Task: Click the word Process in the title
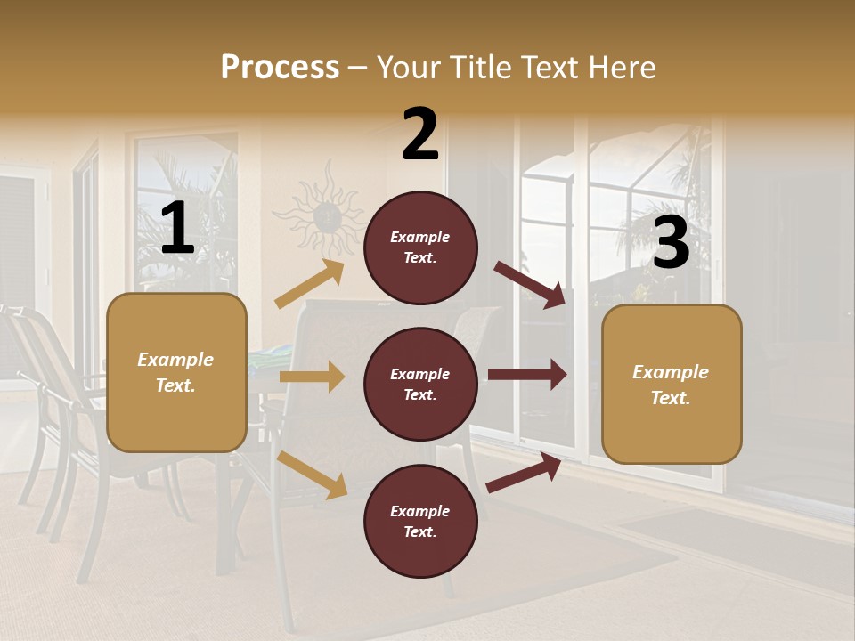[280, 68]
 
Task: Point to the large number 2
[420, 134]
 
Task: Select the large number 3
[671, 242]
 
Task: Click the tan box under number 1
[176, 372]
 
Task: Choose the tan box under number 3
[672, 385]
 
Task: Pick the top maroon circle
[420, 247]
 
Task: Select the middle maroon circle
[420, 385]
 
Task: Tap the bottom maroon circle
[420, 522]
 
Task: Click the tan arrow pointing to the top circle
[310, 284]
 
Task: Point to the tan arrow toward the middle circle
[312, 377]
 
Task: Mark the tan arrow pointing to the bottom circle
[313, 474]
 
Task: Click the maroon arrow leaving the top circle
[530, 284]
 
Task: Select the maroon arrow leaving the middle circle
[527, 374]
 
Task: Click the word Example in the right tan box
[670, 372]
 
